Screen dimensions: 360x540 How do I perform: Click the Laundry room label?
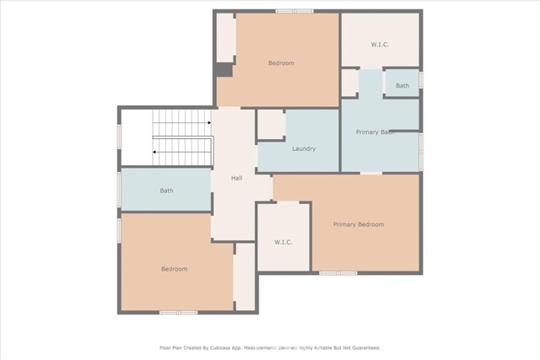[x=303, y=149]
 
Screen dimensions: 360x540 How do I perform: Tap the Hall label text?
[x=238, y=178]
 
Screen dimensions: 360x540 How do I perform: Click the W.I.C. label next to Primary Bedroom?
[x=283, y=243]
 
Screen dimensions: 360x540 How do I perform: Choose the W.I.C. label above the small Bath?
[x=381, y=44]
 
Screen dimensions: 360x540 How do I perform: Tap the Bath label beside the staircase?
[x=167, y=191]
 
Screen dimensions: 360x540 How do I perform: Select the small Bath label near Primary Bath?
[x=402, y=86]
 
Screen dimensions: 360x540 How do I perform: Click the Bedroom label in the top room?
[x=281, y=63]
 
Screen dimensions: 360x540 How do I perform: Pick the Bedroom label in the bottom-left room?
[x=174, y=269]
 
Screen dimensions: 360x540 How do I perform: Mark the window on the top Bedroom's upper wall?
[x=294, y=11]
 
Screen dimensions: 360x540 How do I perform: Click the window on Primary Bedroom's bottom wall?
[x=337, y=272]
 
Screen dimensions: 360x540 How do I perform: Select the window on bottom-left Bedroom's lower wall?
[x=178, y=313]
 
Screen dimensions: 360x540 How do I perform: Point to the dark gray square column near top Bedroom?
[x=223, y=70]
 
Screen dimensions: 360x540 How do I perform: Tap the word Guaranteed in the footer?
[x=363, y=347]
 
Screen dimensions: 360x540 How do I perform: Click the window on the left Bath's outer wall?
[x=119, y=190]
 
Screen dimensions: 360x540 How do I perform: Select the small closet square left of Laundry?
[x=271, y=124]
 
